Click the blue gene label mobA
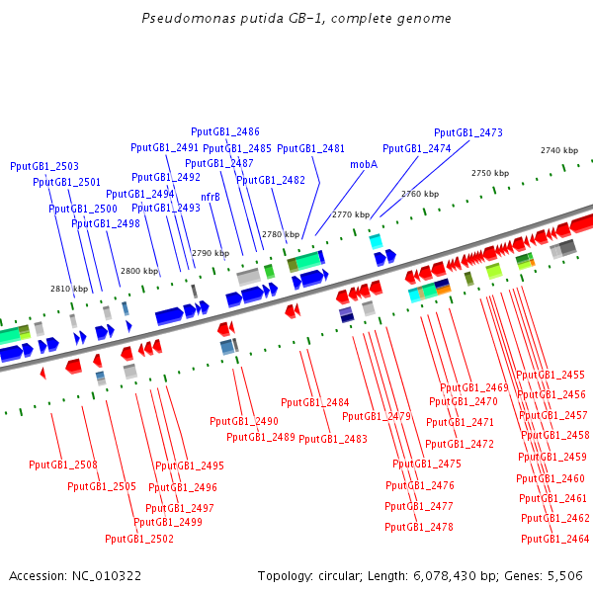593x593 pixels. (x=364, y=164)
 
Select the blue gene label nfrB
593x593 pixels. (x=211, y=197)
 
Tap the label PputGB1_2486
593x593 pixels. (x=225, y=132)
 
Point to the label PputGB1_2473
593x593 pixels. (x=468, y=132)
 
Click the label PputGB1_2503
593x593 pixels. (x=44, y=166)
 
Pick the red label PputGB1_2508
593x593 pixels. (x=63, y=465)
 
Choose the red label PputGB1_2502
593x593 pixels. (x=139, y=539)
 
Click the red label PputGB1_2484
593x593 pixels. (x=315, y=402)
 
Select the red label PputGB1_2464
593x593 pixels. (x=555, y=539)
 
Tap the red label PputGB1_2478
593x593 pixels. (x=419, y=527)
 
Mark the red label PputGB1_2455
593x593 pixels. (x=551, y=376)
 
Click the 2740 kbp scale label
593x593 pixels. (x=559, y=150)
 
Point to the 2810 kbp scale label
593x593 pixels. (x=69, y=289)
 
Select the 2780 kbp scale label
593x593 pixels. (x=281, y=234)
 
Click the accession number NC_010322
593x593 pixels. (x=107, y=576)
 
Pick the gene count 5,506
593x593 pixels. (x=565, y=576)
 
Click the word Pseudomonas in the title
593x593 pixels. (x=189, y=18)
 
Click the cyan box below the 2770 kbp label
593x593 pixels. (x=376, y=242)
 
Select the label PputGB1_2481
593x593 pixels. (x=311, y=148)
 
